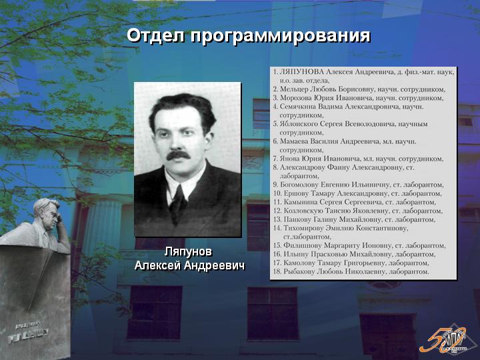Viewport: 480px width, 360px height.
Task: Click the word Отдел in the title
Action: click(x=155, y=35)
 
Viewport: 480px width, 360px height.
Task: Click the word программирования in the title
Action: click(x=281, y=37)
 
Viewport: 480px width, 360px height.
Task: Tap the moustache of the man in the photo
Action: click(x=178, y=155)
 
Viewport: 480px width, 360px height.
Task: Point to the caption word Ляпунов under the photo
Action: click(x=188, y=252)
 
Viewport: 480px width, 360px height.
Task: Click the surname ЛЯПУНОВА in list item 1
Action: click(x=301, y=72)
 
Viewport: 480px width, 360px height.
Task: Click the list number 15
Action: click(x=277, y=245)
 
